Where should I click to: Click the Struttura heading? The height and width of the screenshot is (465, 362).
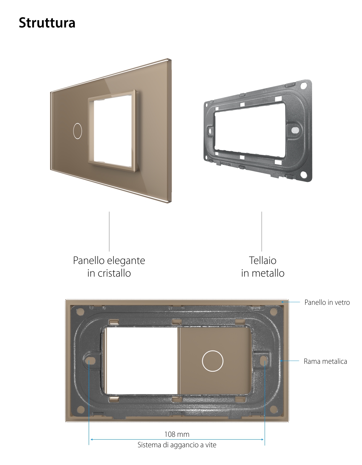[x=47, y=23]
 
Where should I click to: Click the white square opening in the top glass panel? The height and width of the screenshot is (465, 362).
[x=113, y=130]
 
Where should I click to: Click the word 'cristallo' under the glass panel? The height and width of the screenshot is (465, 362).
[x=114, y=273]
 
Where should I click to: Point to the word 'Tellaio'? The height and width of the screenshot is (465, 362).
[x=262, y=260]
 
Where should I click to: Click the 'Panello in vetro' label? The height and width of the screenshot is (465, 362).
[x=327, y=302]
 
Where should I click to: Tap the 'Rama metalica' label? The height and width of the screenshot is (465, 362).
[x=325, y=361]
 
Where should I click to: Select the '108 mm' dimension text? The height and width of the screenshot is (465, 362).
[x=177, y=434]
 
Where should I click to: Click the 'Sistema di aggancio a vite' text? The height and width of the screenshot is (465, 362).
[x=177, y=445]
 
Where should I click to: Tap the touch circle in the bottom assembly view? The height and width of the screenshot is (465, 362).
[x=212, y=361]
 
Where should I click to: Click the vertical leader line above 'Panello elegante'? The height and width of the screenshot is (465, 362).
[x=109, y=231]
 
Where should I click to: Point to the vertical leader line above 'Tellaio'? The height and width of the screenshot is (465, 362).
[x=262, y=231]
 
